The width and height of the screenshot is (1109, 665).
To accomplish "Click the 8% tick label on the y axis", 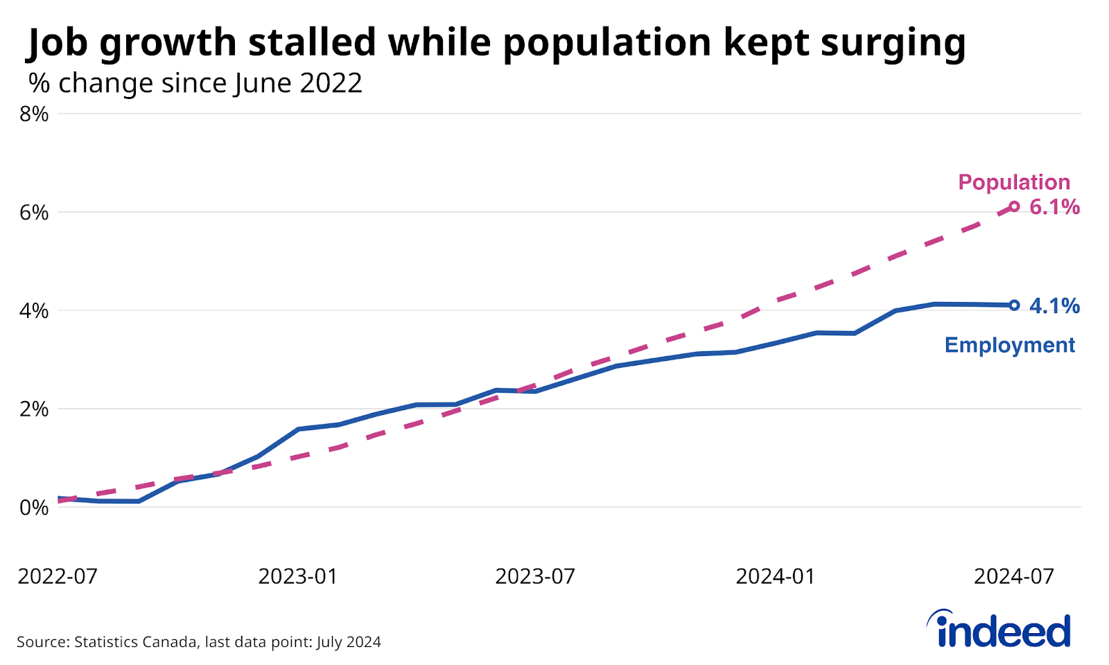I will (34, 114).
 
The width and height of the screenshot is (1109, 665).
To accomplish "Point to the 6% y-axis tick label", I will (34, 213).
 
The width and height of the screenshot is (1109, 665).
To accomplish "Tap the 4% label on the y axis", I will (34, 311).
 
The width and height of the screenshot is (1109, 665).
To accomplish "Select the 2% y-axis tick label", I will (34, 409).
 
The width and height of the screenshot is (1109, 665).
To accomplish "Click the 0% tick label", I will (34, 508).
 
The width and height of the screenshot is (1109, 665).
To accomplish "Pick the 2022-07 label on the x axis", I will (58, 576).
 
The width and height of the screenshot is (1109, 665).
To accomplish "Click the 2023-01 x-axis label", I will (298, 576).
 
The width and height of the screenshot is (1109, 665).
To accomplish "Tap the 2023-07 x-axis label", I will (535, 576).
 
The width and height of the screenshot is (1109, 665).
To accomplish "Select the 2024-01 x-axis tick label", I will (776, 576).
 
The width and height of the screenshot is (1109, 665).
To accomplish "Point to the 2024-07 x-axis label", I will (1013, 576).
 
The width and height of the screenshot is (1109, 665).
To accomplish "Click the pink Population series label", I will (1014, 182).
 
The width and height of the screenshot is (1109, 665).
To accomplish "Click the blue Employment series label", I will (1009, 345).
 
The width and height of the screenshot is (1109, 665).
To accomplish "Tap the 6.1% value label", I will (1054, 207).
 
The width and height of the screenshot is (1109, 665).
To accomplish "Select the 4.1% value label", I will (1054, 306).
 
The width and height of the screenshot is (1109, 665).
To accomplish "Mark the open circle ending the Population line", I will (1014, 206).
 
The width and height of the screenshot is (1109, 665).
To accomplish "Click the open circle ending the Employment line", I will (1014, 305).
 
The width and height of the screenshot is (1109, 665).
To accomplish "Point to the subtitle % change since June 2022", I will (195, 83).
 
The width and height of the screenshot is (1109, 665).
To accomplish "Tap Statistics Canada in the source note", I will (135, 642).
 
